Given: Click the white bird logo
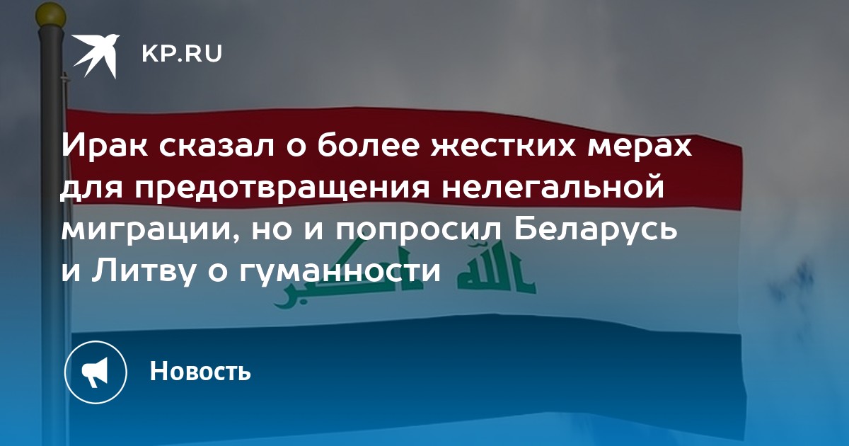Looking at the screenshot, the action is (x=96, y=56).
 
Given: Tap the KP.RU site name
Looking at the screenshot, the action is (x=182, y=54).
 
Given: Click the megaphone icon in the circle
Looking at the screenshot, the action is (x=96, y=372).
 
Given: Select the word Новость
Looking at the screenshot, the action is (x=200, y=371).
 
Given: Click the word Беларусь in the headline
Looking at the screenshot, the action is (x=596, y=231).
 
